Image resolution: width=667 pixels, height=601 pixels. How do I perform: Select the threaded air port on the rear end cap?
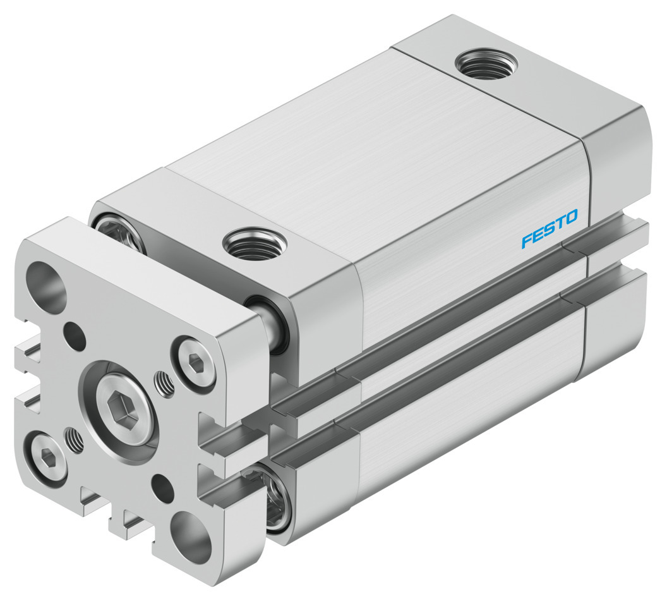(x=487, y=64)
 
